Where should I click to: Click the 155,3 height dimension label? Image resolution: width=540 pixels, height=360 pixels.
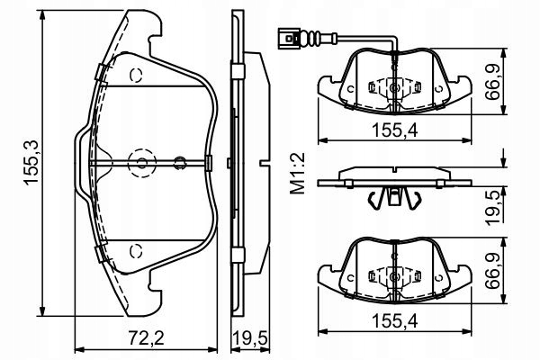pos(31,163)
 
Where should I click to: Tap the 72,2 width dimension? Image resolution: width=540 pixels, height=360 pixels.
pos(146,338)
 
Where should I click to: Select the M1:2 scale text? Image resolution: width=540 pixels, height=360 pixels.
pos(298,174)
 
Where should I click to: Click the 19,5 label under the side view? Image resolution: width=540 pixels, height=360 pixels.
pos(250,338)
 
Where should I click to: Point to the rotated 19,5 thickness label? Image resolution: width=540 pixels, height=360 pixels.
pos(495,207)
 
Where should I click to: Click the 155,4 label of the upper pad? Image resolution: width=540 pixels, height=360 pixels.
pos(395,130)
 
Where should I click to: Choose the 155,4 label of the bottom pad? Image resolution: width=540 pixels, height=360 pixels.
pos(395,321)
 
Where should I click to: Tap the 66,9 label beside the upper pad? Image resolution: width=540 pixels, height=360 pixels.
pos(493,82)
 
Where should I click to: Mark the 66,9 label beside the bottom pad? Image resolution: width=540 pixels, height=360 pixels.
pos(493,271)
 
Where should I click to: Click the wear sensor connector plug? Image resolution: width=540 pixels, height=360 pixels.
pos(289,38)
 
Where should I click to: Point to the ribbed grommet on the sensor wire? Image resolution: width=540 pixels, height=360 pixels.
pos(311,38)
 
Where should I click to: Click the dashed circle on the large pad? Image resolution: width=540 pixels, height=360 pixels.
pos(142,163)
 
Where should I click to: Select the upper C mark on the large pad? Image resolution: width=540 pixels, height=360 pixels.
pos(137,76)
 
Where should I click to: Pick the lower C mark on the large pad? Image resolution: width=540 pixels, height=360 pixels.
pos(137,251)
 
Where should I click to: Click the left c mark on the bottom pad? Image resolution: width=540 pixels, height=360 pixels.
pos(351,277)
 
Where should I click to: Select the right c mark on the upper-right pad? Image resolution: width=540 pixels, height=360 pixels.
pos(438,89)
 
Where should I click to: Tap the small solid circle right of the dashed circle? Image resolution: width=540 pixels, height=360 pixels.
pos(179,163)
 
